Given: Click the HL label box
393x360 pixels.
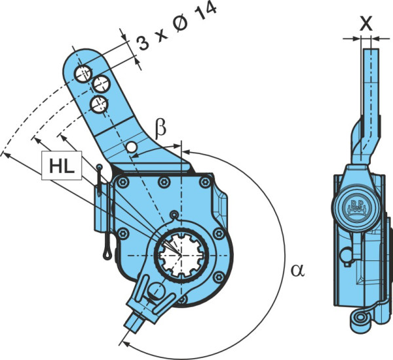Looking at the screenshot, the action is (x=62, y=165).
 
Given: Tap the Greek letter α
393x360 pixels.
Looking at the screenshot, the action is (x=297, y=270).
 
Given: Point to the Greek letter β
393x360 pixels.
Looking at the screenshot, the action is (x=160, y=130).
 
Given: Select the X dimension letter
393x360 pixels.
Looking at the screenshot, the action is (x=366, y=24).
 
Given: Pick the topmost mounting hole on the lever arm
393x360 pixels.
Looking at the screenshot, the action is (x=83, y=73).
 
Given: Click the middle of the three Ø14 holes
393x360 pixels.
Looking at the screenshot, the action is (x=101, y=84).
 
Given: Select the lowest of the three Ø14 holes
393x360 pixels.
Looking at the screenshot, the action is (x=99, y=104).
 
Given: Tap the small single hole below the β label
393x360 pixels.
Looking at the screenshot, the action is (x=132, y=148).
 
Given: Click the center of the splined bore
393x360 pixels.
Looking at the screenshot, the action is (x=181, y=255).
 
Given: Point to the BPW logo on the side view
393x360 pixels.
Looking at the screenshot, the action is (x=357, y=207).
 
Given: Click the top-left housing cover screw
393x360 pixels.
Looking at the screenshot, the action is (x=122, y=182).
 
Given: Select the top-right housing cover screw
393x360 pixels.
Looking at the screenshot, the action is (x=205, y=182).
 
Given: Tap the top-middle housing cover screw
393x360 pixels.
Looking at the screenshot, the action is (x=164, y=182).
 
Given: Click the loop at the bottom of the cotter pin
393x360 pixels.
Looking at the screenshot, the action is (x=107, y=254).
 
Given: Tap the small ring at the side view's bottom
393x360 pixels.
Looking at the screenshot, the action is (x=361, y=318).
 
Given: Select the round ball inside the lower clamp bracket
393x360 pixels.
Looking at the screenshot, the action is (x=156, y=290).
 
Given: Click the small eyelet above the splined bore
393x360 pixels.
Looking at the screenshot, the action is (x=174, y=214).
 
